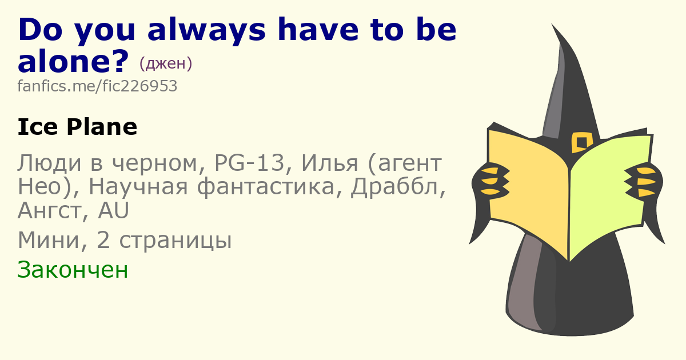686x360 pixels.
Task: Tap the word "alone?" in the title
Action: coord(73,61)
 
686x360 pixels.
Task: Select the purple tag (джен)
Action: coord(166,63)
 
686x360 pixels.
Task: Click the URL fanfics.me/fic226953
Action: coord(97,86)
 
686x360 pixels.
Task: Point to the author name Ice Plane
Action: coord(77,127)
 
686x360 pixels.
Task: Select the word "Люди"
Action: coord(50,164)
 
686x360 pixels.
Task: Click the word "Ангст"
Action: coord(50,211)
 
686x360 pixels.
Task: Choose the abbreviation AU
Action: coord(113,210)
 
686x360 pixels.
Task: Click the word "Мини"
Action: coord(49,241)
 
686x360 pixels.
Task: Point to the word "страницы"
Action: coord(176,242)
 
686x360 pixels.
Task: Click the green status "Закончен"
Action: coord(73,270)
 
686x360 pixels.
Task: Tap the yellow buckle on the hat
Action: coord(582,142)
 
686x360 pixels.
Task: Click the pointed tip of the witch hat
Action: coord(552,24)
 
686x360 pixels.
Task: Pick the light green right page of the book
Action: coord(609,193)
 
